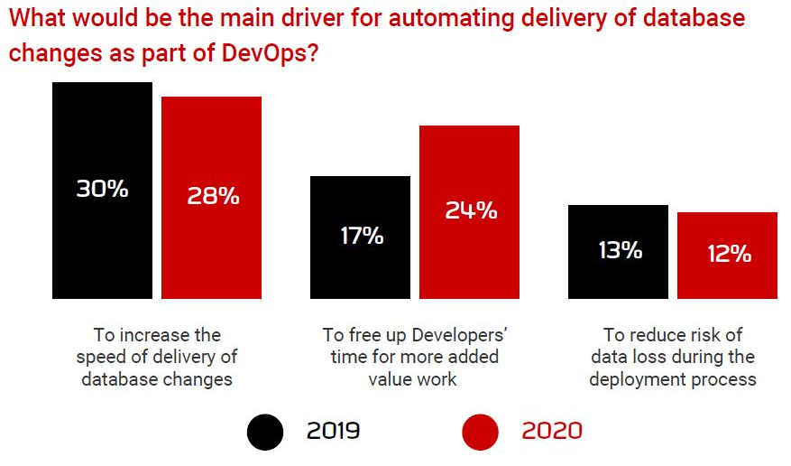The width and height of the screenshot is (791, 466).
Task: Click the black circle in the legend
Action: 265,432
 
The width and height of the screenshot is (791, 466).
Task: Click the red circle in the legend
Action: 480,432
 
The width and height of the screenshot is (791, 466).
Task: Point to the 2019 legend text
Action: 333,432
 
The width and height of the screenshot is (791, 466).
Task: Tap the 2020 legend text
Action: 551,432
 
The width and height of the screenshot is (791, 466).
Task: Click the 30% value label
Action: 102,190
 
